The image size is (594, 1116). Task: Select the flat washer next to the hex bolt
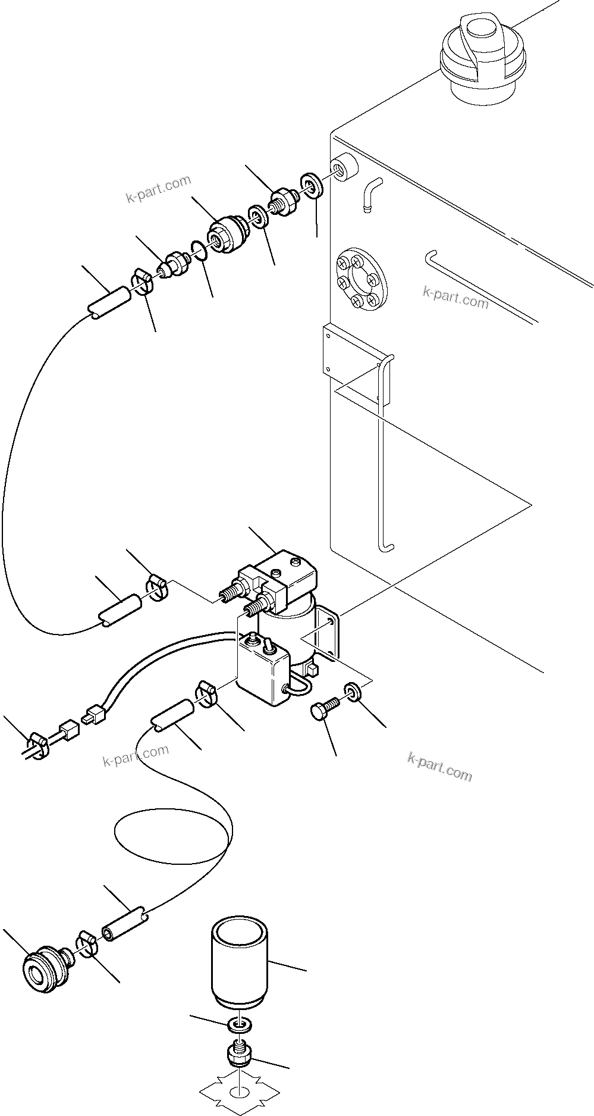(x=351, y=692)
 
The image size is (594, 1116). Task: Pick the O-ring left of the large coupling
(x=199, y=250)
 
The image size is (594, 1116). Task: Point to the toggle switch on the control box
(x=268, y=645)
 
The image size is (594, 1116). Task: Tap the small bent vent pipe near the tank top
(x=369, y=192)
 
